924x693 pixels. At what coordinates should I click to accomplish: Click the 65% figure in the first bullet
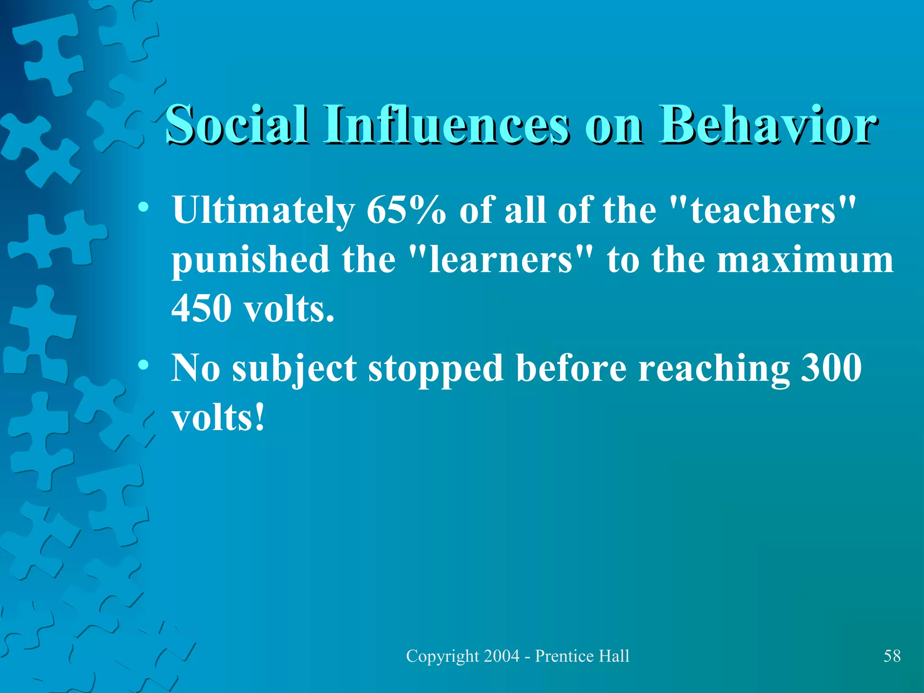[x=406, y=210]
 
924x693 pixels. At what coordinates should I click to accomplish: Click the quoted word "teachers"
[x=763, y=210]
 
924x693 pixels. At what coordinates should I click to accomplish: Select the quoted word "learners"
[x=500, y=260]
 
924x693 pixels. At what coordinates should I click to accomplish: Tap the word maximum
[x=805, y=261]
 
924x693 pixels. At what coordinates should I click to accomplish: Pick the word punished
[x=250, y=261]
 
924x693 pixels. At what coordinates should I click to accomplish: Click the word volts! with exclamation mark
[x=218, y=418]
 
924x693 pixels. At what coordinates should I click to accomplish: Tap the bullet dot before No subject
[x=143, y=365]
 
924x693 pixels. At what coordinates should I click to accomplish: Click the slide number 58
[x=892, y=656]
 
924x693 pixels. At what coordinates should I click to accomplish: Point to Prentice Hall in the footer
[x=582, y=656]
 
